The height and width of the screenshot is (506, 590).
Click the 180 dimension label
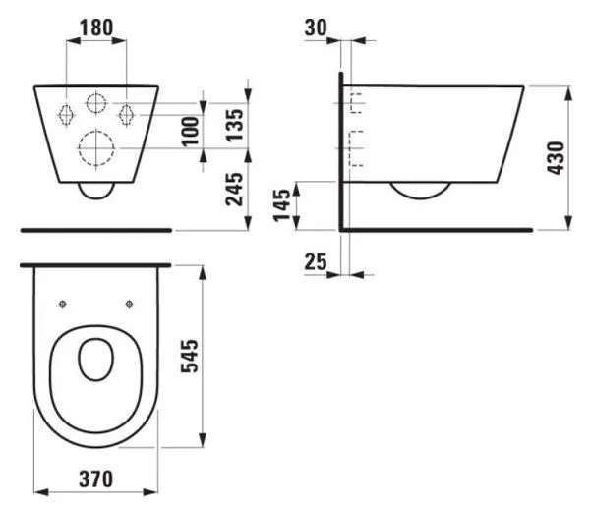click(96, 28)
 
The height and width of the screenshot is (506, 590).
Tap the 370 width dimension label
click(95, 478)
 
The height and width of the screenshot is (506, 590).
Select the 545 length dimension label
click(189, 356)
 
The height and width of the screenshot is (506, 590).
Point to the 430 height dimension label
click(556, 158)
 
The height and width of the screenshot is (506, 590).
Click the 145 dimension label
click(282, 205)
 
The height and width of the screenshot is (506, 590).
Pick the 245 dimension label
click(234, 189)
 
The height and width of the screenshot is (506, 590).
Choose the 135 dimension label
click(235, 125)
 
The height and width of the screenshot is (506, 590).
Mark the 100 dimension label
click(191, 131)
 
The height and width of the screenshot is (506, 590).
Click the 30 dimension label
click(316, 28)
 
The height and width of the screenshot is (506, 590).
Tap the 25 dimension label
click(316, 261)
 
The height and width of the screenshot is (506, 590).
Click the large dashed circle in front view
click(96, 148)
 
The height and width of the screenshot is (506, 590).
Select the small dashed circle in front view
click(96, 102)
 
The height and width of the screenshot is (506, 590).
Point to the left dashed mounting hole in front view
click(66, 114)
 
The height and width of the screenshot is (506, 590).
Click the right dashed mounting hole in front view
click(127, 114)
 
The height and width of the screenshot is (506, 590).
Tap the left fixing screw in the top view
click(63, 304)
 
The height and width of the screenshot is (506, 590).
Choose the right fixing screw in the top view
click(130, 304)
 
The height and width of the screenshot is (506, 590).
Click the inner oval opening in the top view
click(96, 360)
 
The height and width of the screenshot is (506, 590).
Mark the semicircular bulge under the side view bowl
click(421, 191)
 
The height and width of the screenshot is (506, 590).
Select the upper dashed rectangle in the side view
click(357, 103)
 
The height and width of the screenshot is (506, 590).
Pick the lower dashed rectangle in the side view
click(357, 148)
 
